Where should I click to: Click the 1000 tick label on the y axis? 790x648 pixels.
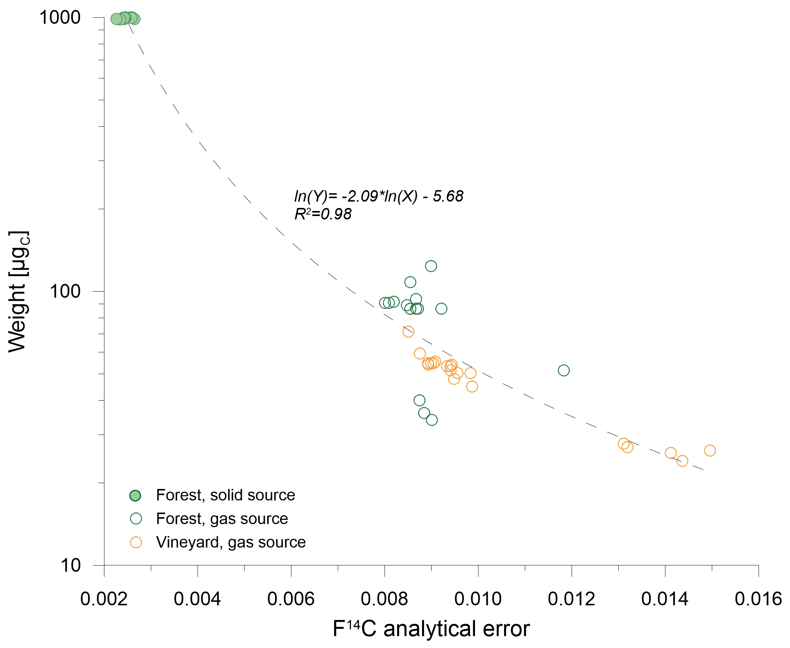pyautogui.click(x=60, y=18)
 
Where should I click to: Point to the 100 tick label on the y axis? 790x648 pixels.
pyautogui.click(x=65, y=292)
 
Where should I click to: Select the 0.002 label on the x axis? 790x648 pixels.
pyautogui.click(x=104, y=599)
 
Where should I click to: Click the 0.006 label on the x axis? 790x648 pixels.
pyautogui.click(x=290, y=599)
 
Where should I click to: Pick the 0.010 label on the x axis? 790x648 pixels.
pyautogui.click(x=478, y=599)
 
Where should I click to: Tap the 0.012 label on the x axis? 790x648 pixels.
pyautogui.click(x=571, y=599)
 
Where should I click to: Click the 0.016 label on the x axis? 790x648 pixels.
pyautogui.click(x=758, y=599)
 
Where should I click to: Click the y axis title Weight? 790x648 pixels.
pyautogui.click(x=18, y=292)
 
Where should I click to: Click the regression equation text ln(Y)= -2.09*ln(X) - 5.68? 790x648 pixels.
pyautogui.click(x=379, y=196)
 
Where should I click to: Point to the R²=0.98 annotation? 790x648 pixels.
pyautogui.click(x=323, y=214)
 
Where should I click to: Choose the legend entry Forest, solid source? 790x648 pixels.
pyautogui.click(x=225, y=495)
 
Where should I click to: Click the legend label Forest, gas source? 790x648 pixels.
pyautogui.click(x=222, y=519)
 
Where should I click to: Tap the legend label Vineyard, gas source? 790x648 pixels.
pyautogui.click(x=231, y=542)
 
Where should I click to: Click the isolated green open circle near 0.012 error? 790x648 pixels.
pyautogui.click(x=564, y=370)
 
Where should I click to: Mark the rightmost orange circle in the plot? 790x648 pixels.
pyautogui.click(x=710, y=450)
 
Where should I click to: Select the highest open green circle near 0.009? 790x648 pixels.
pyautogui.click(x=431, y=266)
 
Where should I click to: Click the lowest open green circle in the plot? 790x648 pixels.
pyautogui.click(x=432, y=420)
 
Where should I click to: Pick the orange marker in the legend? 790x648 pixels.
pyautogui.click(x=136, y=542)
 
